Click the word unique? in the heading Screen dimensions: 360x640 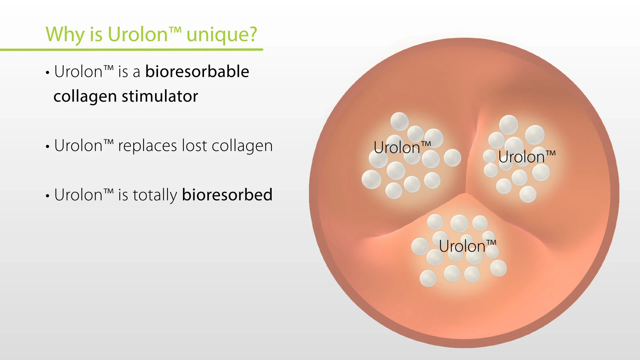click(222, 35)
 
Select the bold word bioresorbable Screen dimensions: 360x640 click(197, 72)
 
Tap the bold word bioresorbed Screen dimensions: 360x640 click(227, 195)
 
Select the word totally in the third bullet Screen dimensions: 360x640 click(155, 195)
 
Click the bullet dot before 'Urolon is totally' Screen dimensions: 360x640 click(48, 196)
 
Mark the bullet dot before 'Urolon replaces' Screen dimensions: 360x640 click(48, 147)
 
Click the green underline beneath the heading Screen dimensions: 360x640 click(133, 50)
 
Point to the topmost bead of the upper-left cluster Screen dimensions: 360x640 click(399, 121)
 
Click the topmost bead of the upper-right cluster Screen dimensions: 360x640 click(508, 125)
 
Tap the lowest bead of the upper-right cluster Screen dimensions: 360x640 click(528, 194)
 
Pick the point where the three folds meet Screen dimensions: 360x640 click(465, 193)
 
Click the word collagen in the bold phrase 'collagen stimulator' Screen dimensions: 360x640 click(85, 97)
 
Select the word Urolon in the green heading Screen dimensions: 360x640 click(138, 35)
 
